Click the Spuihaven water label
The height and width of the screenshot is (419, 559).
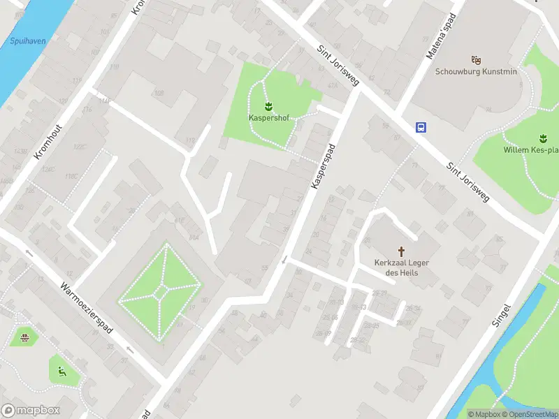28,41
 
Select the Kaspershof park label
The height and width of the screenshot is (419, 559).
269,117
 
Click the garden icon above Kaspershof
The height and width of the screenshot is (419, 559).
269,106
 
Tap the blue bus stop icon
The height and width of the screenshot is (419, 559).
421,127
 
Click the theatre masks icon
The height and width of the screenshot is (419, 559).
476,61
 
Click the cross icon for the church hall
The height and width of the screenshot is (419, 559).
402,251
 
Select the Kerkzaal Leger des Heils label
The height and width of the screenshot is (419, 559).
402,267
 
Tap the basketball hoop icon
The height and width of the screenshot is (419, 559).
25,338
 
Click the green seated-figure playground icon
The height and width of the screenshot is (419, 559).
62,372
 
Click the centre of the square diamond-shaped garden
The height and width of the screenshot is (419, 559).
161,288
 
